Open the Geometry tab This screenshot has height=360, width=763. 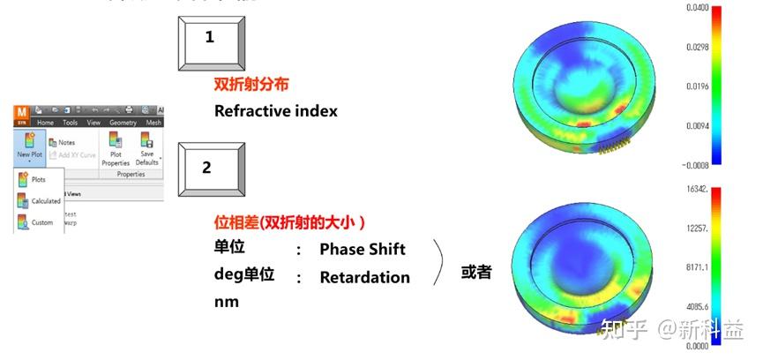[123, 123]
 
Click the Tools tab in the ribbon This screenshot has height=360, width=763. [70, 123]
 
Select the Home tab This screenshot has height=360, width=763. [45, 123]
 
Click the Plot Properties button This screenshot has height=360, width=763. [116, 149]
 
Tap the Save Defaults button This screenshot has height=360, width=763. [147, 149]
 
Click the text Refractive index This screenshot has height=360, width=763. [275, 111]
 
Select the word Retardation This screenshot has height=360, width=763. [364, 277]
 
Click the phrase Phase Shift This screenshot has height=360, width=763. [363, 249]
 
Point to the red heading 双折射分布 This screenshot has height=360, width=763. [251, 85]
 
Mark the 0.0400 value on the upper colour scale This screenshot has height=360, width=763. [698, 8]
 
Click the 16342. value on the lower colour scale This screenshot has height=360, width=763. [697, 189]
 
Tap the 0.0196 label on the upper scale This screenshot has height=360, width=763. [698, 86]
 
